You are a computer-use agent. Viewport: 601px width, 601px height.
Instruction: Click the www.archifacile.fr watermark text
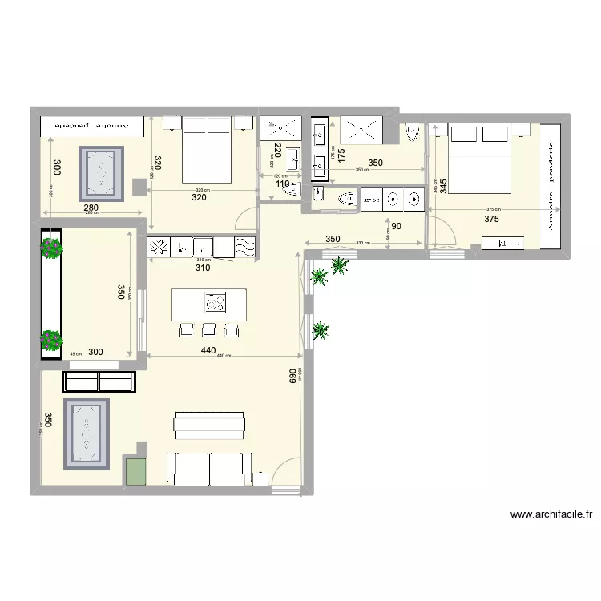550,514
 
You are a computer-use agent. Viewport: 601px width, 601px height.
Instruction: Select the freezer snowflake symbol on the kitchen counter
159,247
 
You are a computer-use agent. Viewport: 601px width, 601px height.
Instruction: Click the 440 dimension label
208,350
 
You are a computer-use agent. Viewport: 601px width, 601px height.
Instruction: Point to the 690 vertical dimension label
293,377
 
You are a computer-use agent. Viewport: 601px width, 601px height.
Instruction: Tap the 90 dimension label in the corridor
397,227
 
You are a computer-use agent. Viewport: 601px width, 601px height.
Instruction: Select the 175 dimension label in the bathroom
341,156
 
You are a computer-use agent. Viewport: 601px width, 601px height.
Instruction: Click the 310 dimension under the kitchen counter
202,268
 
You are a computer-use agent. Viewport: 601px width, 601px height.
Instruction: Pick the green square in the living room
135,470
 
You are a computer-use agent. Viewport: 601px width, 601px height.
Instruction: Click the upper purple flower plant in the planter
51,248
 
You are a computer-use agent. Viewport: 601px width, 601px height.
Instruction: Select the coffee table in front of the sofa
209,425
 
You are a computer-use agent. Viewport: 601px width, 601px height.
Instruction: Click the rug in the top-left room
101,174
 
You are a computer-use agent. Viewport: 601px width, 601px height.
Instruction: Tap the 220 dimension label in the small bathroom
276,151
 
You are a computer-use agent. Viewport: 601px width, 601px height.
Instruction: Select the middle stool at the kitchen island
209,329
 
